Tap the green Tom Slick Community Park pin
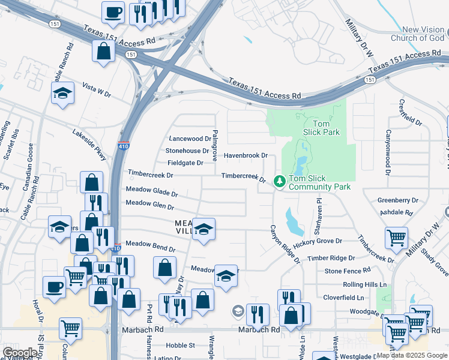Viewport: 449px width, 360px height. [x=279, y=180]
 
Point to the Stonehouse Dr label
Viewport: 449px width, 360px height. [x=187, y=151]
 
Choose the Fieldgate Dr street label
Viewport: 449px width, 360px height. [x=185, y=163]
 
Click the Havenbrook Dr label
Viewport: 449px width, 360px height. [x=246, y=155]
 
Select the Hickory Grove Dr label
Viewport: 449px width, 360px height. [x=318, y=241]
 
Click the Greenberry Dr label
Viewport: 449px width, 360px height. [x=397, y=200]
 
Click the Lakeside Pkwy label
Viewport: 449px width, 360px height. [x=89, y=145]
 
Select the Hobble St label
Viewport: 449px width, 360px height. [x=181, y=345]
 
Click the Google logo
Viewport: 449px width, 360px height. [x=19, y=353]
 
